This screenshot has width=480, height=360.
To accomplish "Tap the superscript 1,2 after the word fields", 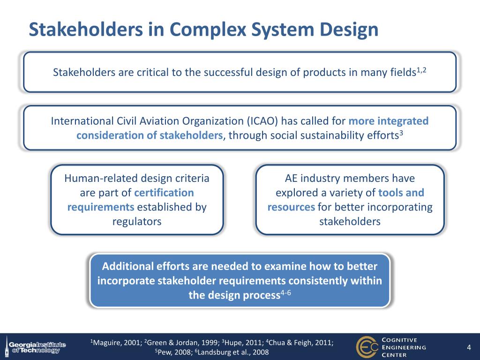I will click(x=422, y=70).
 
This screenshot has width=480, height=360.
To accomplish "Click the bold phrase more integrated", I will click(x=389, y=121).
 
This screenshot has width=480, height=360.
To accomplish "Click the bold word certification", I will click(x=164, y=193).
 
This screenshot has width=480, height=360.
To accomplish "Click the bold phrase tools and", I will click(x=401, y=193).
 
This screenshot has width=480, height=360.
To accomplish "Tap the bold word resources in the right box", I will click(x=291, y=207).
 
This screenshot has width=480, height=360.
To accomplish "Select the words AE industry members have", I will click(x=350, y=178).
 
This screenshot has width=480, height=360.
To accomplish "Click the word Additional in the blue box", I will click(x=128, y=266).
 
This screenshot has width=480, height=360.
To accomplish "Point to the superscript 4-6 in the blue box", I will click(x=286, y=293).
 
